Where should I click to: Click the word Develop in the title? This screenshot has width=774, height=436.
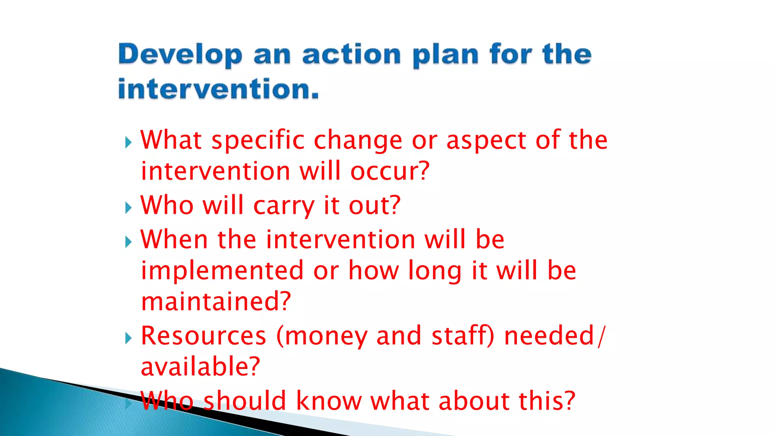click(180, 55)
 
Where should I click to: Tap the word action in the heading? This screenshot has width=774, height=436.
click(351, 55)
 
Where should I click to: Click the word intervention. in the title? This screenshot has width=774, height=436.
click(218, 89)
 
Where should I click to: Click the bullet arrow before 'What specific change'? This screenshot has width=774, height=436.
click(128, 143)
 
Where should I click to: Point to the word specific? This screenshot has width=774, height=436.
click(258, 141)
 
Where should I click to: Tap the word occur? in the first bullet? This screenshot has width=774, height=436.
click(390, 171)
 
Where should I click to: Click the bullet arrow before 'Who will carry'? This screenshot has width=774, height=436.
click(128, 207)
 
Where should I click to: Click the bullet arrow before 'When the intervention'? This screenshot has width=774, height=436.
click(128, 242)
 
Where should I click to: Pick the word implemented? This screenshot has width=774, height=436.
click(222, 271)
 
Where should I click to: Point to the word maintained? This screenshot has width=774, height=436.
click(216, 302)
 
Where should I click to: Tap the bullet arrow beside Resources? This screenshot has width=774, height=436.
click(128, 338)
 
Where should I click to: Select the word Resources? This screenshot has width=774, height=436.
click(204, 336)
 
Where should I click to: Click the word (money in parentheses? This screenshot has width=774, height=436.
click(322, 336)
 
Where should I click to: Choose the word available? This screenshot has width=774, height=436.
click(200, 367)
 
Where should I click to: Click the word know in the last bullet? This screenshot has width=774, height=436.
click(328, 401)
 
